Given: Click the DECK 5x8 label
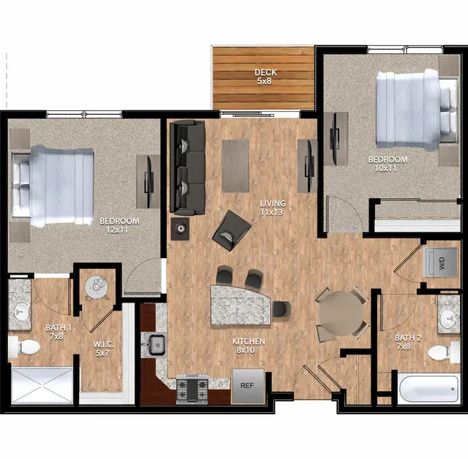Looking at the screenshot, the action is click(x=265, y=77).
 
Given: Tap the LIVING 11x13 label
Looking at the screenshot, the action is click(x=273, y=208).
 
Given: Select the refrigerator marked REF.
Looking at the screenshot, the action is click(x=249, y=386).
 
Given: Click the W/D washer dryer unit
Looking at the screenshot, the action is click(x=441, y=262).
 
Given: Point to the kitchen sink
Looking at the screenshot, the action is click(x=157, y=345).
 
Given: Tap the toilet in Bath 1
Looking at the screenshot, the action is click(x=24, y=347).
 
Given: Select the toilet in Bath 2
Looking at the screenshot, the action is click(x=444, y=352).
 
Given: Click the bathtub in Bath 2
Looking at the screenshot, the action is click(x=429, y=389).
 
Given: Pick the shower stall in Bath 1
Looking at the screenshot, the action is click(x=42, y=385).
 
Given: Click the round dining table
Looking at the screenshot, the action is click(x=341, y=314).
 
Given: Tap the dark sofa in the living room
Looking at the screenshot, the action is click(x=187, y=167).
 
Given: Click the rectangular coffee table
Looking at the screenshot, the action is click(x=235, y=166).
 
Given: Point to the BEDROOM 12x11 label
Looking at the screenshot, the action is click(x=119, y=225).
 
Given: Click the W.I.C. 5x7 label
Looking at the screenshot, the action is click(x=103, y=349).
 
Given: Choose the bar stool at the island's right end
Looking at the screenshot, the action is click(x=281, y=309).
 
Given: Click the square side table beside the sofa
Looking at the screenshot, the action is click(x=180, y=229).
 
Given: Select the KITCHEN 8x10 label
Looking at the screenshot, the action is click(x=249, y=346).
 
